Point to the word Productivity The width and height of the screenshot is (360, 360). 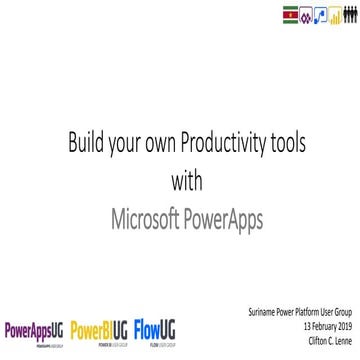tap(233, 136)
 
